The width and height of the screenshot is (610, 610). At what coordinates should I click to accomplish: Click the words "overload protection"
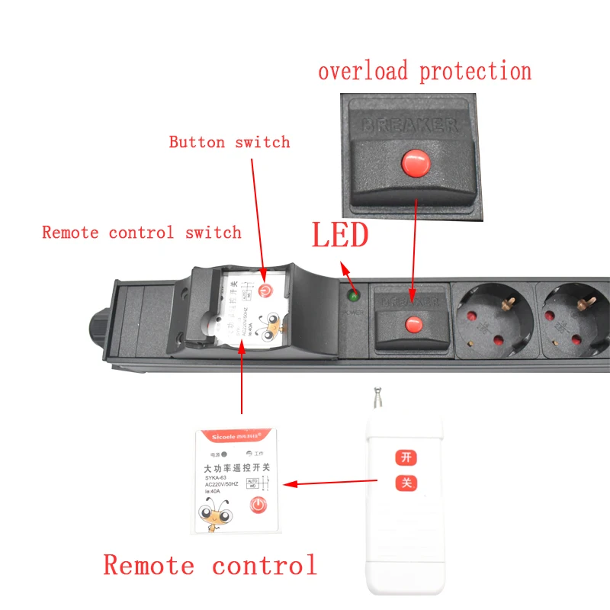pyautogui.click(x=425, y=72)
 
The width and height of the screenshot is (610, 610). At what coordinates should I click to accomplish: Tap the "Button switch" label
pyautogui.click(x=230, y=142)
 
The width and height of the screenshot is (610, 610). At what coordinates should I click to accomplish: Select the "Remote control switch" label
pyautogui.click(x=141, y=232)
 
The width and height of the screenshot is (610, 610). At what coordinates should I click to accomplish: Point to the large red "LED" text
pyautogui.click(x=339, y=236)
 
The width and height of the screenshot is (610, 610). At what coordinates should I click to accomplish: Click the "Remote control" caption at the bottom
pyautogui.click(x=210, y=566)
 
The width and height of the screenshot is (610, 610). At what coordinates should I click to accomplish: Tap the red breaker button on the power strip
pyautogui.click(x=414, y=323)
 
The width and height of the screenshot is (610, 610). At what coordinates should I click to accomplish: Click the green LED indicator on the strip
pyautogui.click(x=354, y=295)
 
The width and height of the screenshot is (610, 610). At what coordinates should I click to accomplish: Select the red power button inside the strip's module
pyautogui.click(x=265, y=291)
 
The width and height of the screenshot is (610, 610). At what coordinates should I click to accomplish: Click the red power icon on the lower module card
pyautogui.click(x=258, y=504)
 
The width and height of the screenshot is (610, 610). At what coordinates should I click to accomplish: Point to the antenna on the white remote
pyautogui.click(x=375, y=401)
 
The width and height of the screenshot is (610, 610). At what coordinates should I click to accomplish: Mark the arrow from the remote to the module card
pyautogui.click(x=336, y=482)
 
